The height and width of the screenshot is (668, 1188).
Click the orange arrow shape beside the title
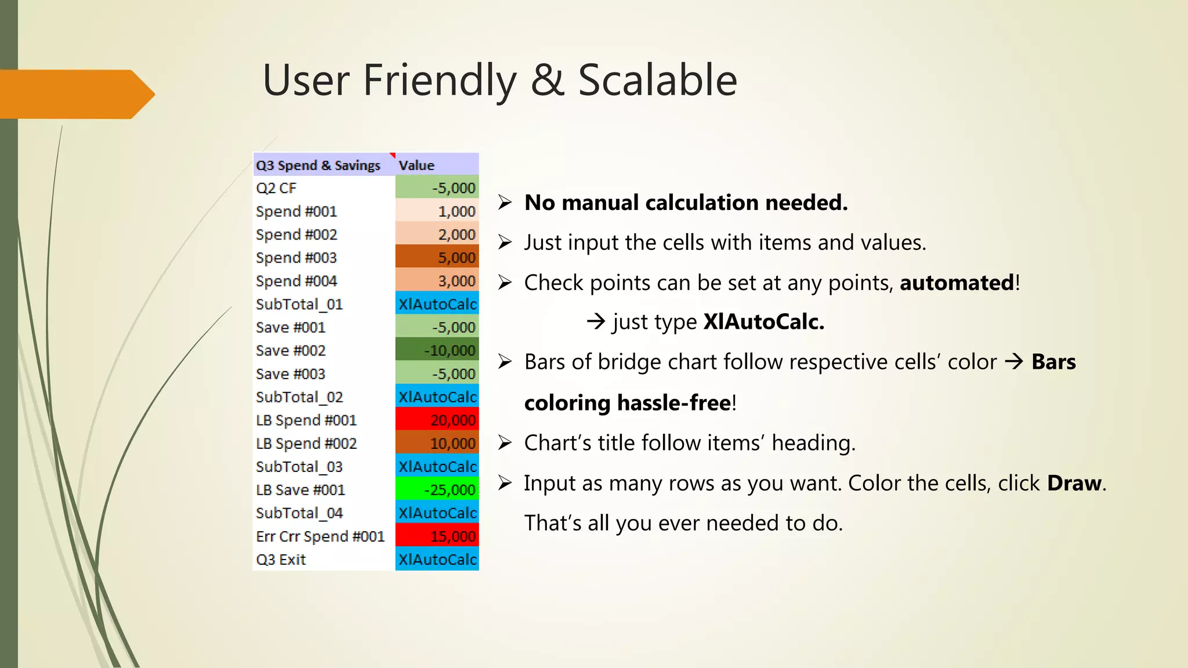click(75, 95)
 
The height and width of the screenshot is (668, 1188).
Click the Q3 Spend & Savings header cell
click(318, 165)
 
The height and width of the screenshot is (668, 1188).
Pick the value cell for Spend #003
click(437, 257)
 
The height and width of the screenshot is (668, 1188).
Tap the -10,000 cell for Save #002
click(437, 351)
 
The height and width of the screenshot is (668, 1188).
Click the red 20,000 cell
click(437, 420)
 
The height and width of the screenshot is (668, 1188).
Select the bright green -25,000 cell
click(437, 490)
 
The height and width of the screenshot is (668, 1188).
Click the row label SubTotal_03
click(299, 467)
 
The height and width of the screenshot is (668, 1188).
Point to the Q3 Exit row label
click(281, 560)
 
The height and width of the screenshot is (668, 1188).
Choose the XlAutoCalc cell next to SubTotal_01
click(437, 304)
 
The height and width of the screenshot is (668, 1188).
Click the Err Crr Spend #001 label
click(320, 536)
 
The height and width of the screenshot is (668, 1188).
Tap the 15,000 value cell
click(437, 536)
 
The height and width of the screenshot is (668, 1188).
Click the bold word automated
click(957, 283)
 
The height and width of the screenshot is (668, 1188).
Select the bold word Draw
click(1074, 483)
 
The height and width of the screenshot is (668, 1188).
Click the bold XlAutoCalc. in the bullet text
click(763, 322)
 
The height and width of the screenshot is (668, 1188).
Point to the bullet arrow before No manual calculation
click(505, 202)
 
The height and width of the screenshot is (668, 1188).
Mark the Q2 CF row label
click(276, 188)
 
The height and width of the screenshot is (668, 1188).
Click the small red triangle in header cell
click(393, 155)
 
